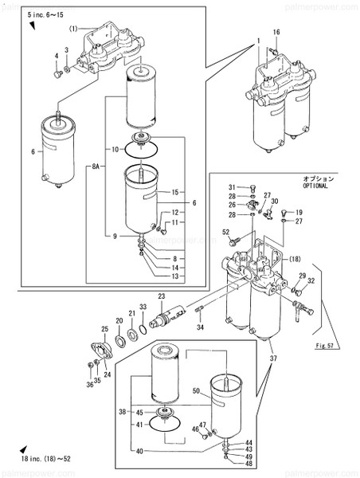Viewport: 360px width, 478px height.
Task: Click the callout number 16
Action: pyautogui.click(x=276, y=32)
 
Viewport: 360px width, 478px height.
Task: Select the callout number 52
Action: pyautogui.click(x=226, y=232)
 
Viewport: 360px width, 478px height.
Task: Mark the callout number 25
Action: pyautogui.click(x=104, y=329)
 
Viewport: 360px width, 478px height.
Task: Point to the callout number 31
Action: pyautogui.click(x=233, y=186)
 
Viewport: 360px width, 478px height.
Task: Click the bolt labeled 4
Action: pyautogui.click(x=58, y=74)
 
